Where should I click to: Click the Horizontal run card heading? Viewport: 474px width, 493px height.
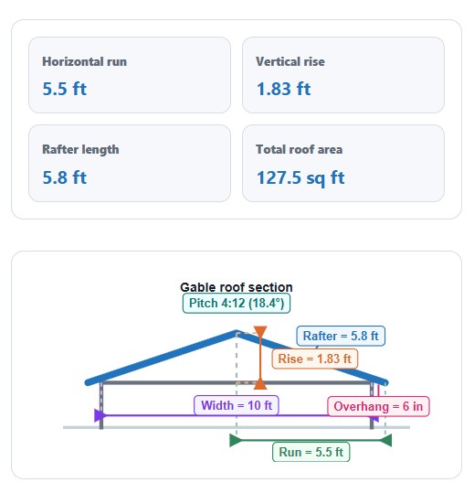point(84,61)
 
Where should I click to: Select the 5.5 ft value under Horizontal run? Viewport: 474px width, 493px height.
point(64,89)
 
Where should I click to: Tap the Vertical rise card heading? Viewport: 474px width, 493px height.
point(290,61)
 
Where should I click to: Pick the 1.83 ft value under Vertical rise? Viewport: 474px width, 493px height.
point(283,89)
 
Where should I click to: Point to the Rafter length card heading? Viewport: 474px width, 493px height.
point(80,150)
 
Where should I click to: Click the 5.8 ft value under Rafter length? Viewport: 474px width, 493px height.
point(64,177)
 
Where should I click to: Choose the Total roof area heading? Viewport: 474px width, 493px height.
point(299,149)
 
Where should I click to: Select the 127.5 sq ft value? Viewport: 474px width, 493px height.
point(300,178)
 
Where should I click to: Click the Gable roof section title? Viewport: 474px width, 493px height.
point(237,287)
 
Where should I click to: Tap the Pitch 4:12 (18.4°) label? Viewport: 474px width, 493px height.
point(237,304)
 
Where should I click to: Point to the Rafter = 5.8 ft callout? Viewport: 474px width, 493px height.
point(341,336)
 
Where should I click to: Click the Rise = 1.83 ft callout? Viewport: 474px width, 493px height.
point(314,359)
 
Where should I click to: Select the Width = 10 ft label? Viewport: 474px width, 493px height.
point(237,405)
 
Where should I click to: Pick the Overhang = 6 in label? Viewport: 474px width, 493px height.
point(378,406)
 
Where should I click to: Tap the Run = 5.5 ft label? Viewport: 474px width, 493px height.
point(311,452)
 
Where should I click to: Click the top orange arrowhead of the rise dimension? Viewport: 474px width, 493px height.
point(260,331)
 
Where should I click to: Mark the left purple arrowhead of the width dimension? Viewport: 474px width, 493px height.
point(100,415)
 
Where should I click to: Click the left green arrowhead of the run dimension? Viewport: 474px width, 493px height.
point(236,440)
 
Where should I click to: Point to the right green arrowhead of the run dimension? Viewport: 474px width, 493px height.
point(386,440)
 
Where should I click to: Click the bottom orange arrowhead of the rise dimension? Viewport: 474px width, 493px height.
point(260,384)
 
